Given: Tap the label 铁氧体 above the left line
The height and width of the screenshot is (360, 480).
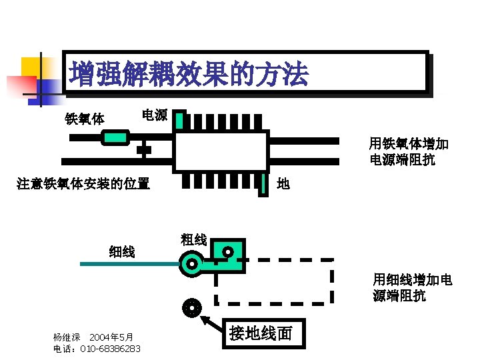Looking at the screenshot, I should pyautogui.click(x=84, y=119).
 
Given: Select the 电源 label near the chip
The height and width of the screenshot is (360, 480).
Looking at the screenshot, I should pyautogui.click(x=155, y=115).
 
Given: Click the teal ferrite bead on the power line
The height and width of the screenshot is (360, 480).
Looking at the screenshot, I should pyautogui.click(x=115, y=138).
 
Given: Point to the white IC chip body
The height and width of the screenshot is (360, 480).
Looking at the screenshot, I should pyautogui.click(x=221, y=151).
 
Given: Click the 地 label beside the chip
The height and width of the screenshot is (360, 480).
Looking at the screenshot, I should pyautogui.click(x=283, y=183).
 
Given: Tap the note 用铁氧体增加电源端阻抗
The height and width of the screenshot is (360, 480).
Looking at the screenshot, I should pyautogui.click(x=409, y=151).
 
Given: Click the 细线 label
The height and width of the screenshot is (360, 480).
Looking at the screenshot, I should pyautogui.click(x=122, y=251).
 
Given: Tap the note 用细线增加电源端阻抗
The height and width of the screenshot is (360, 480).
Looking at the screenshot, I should pyautogui.click(x=411, y=287).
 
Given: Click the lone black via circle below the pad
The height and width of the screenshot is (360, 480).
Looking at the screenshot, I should pyautogui.click(x=191, y=308).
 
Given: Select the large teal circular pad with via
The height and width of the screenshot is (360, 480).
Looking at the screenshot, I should pyautogui.click(x=192, y=264).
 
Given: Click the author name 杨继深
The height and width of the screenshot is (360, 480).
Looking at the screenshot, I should pyautogui.click(x=67, y=337).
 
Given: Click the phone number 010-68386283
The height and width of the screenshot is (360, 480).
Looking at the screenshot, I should pyautogui.click(x=110, y=349).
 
